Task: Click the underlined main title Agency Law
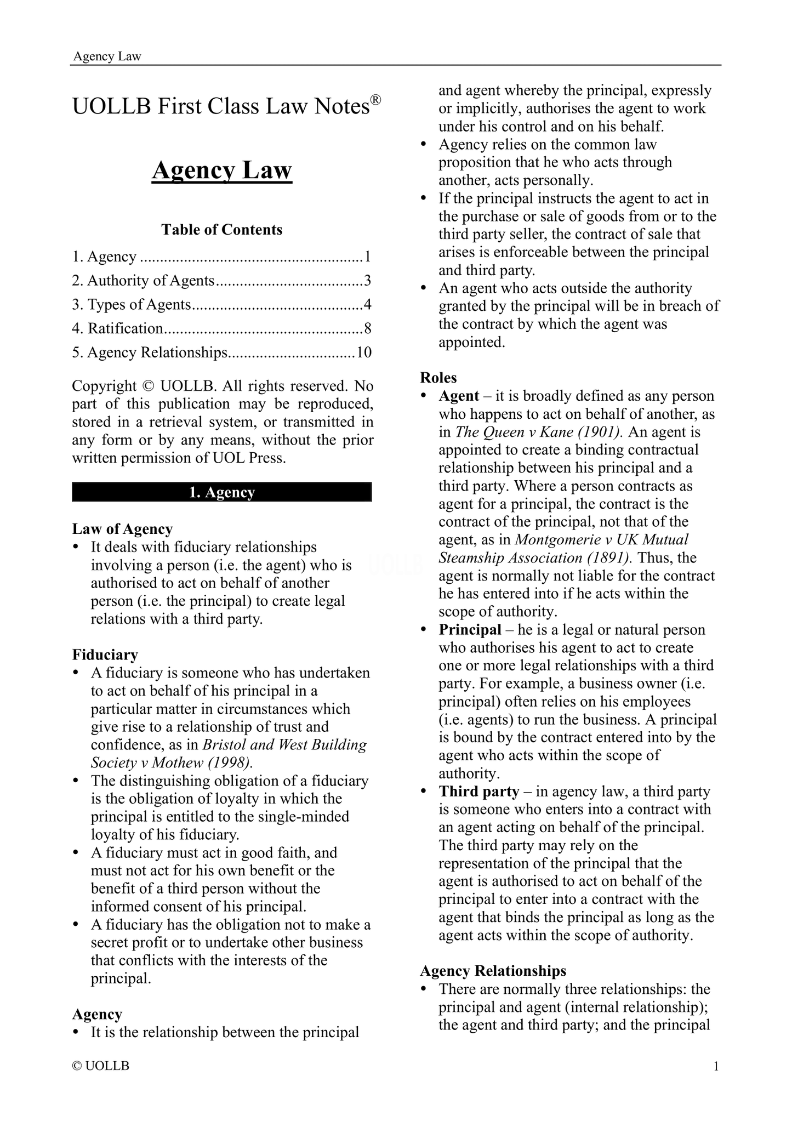coord(221,170)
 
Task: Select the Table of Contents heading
coord(221,230)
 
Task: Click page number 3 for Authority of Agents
coord(368,281)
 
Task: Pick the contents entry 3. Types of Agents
coord(132,304)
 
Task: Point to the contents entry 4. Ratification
coord(118,328)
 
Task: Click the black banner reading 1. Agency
coord(221,492)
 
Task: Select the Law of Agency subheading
coord(122,529)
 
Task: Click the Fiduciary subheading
coord(105,655)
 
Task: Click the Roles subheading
coord(438,378)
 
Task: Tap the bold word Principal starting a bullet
coord(470,630)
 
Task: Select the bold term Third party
coord(478,792)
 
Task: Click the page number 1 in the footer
coord(716,1066)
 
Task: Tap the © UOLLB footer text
coord(101,1066)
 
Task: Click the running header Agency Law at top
coord(107,56)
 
